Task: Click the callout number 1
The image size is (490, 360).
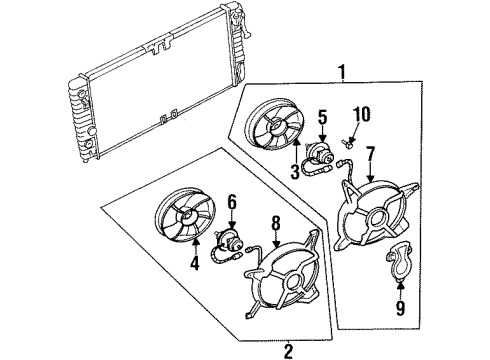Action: coord(343,72)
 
